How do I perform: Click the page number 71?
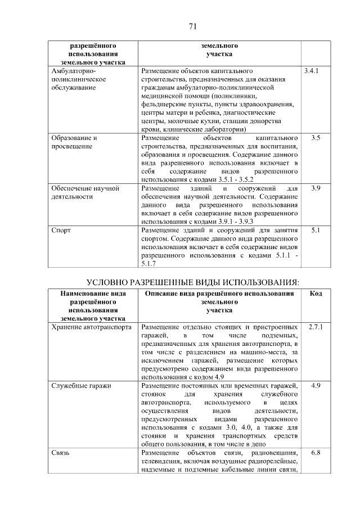(192, 26)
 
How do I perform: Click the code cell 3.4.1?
(311, 71)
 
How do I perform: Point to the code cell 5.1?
(315, 230)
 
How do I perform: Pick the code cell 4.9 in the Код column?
(315, 385)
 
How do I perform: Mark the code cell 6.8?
(315, 453)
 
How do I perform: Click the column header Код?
(316, 294)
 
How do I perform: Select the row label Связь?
(60, 453)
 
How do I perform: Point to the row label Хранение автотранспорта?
(91, 326)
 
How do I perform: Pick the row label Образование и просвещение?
(74, 142)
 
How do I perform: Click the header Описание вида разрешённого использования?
(219, 294)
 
